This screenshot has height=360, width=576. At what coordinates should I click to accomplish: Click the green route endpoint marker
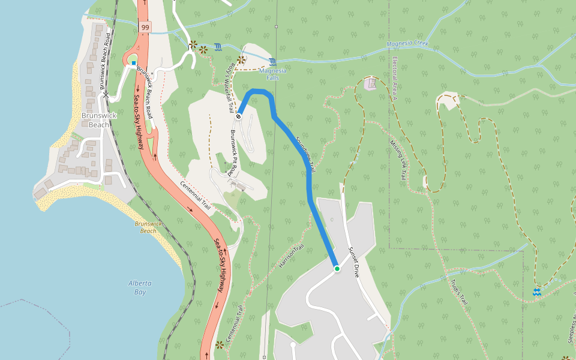pyautogui.click(x=337, y=269)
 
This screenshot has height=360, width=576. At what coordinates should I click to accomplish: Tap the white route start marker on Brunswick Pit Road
pyautogui.click(x=238, y=116)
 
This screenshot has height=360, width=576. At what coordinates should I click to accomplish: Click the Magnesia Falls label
pyautogui.click(x=272, y=74)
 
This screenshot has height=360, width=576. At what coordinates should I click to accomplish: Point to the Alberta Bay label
pyautogui.click(x=140, y=287)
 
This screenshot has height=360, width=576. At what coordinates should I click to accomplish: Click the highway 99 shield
pyautogui.click(x=145, y=28)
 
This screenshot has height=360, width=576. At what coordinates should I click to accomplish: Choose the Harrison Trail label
pyautogui.click(x=292, y=256)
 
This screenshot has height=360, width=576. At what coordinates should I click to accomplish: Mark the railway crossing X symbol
pyautogui.click(x=106, y=95)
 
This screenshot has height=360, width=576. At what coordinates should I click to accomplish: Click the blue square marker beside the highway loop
pyautogui.click(x=133, y=62)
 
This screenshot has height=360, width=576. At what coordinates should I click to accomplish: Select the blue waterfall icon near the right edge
pyautogui.click(x=536, y=292)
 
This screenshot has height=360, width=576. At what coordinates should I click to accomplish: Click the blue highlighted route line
pyautogui.click(x=309, y=180)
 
